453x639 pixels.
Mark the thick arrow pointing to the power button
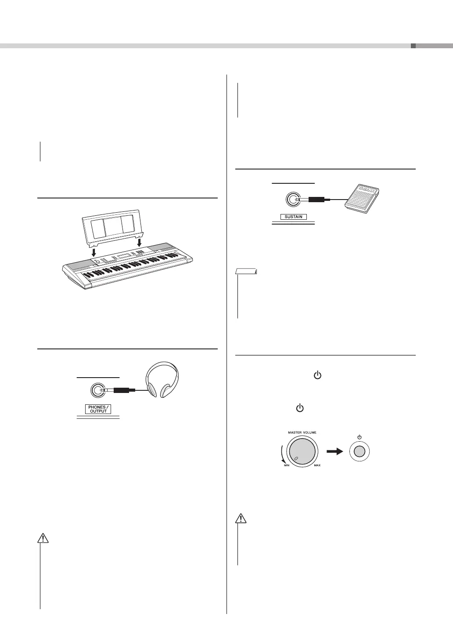point(334,452)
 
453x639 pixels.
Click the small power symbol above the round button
point(359,437)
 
